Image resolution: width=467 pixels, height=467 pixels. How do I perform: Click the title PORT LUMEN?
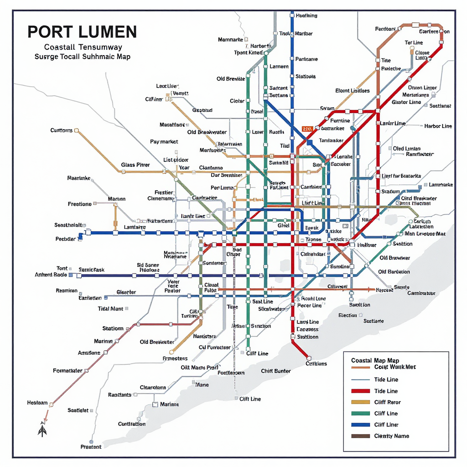tap(82, 32)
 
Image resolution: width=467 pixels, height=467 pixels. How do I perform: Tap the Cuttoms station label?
tap(61, 130)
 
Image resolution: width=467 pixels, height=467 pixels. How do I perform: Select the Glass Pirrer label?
tap(135, 165)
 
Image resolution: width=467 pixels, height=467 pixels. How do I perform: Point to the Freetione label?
tap(79, 204)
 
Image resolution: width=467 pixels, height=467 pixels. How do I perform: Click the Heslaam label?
tap(37, 403)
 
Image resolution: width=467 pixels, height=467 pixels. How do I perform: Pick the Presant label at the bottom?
tap(91, 446)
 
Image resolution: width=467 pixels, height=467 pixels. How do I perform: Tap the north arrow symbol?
tap(42, 430)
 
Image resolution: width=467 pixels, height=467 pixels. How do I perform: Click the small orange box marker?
tap(306, 129)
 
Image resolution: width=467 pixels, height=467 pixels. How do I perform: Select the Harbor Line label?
tap(438, 126)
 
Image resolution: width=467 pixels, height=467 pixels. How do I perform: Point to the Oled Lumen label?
tap(406, 149)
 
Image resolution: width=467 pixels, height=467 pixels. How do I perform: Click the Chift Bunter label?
tap(275, 371)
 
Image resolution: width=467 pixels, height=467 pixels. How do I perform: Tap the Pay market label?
tap(164, 142)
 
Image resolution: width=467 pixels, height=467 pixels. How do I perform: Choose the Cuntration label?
tap(132, 424)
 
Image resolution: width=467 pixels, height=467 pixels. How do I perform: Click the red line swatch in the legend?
tap(360, 391)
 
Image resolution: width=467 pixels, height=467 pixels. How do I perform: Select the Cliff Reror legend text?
tap(387, 402)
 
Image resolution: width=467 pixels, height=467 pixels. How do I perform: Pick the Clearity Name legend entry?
tap(391, 436)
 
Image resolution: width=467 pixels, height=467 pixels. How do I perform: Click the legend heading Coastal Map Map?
tap(375, 360)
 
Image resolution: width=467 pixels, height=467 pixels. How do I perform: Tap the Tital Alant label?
tap(110, 309)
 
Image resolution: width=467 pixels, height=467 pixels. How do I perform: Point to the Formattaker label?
tap(67, 371)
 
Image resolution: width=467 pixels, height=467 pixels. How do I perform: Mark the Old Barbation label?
tap(394, 272)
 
